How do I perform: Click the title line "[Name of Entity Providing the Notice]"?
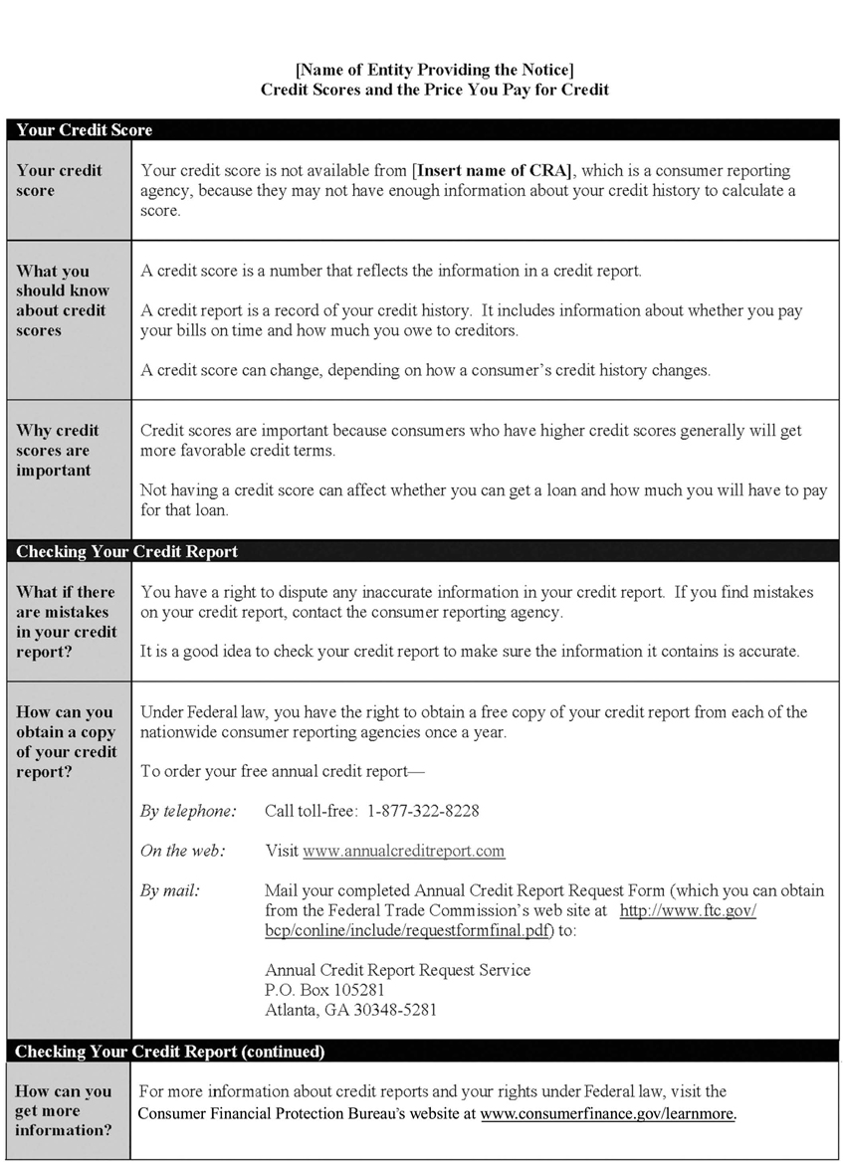click(434, 69)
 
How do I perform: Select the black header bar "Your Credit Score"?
click(85, 130)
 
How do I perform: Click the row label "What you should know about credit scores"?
click(62, 300)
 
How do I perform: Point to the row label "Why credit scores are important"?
click(58, 451)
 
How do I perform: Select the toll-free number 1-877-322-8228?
click(423, 811)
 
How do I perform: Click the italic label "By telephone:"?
click(188, 811)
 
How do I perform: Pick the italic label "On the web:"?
click(182, 851)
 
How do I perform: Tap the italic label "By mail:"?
click(169, 890)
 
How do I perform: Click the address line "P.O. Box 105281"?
click(324, 990)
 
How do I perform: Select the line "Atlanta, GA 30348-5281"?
click(350, 1010)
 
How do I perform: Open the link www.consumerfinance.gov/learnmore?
click(607, 1113)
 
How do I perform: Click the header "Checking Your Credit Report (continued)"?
click(170, 1052)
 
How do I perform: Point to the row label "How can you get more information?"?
click(63, 1111)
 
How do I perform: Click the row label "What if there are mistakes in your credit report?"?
click(66, 622)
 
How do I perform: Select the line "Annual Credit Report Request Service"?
click(397, 970)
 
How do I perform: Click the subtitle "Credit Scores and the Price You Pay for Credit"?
click(434, 90)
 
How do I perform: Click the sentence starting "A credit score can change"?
click(425, 370)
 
